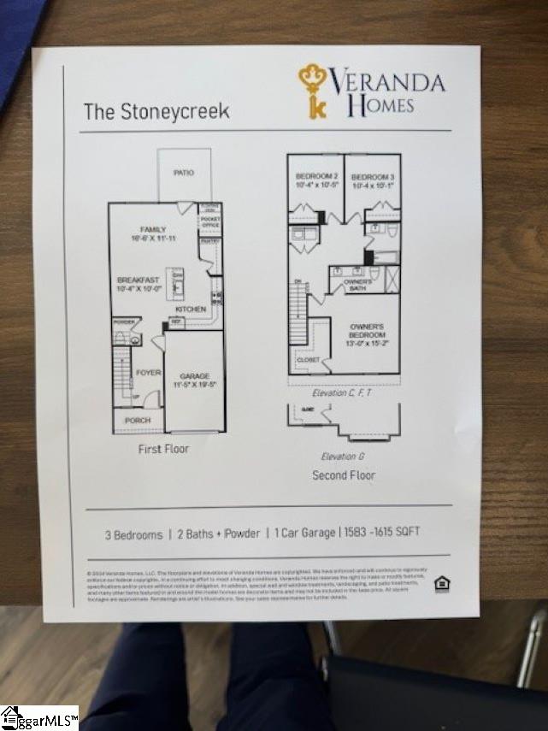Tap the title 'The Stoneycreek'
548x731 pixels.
coord(156,111)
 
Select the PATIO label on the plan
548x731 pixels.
coord(184,173)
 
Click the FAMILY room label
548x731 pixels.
coord(154,229)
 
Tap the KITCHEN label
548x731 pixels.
coord(191,309)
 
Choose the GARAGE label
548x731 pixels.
coord(194,376)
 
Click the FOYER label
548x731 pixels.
coord(148,373)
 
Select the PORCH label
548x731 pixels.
coord(138,421)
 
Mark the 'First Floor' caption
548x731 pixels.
coord(163,449)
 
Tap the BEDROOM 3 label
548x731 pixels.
coord(372,176)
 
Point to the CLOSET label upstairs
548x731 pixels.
coord(309,360)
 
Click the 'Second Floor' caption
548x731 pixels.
coord(344,475)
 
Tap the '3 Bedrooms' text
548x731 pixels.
coord(133,534)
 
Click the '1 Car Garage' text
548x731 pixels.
coord(304,533)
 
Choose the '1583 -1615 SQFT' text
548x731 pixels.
coord(381,532)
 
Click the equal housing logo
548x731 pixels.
coord(442,584)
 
